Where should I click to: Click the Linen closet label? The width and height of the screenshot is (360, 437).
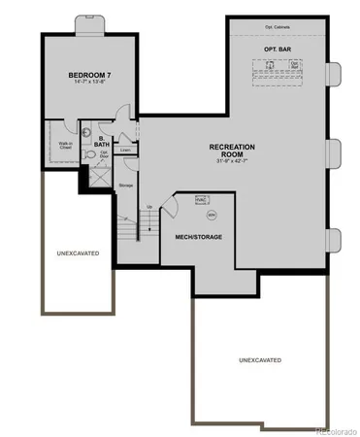click(125, 151)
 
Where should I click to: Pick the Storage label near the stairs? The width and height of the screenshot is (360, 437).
click(125, 184)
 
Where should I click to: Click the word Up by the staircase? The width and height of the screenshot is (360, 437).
click(148, 207)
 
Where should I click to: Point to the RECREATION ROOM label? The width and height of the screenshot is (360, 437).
click(232, 150)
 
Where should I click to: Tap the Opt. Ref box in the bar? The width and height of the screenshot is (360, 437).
click(295, 67)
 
